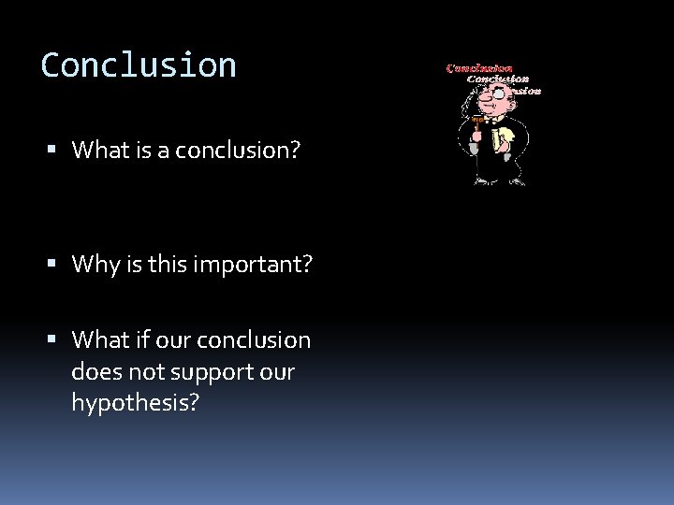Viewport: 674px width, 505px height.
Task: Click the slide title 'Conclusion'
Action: (139, 65)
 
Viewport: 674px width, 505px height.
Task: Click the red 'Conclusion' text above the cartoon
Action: (479, 67)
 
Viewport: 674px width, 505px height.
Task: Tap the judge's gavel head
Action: (476, 121)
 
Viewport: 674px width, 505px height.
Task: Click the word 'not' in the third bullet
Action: (149, 371)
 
